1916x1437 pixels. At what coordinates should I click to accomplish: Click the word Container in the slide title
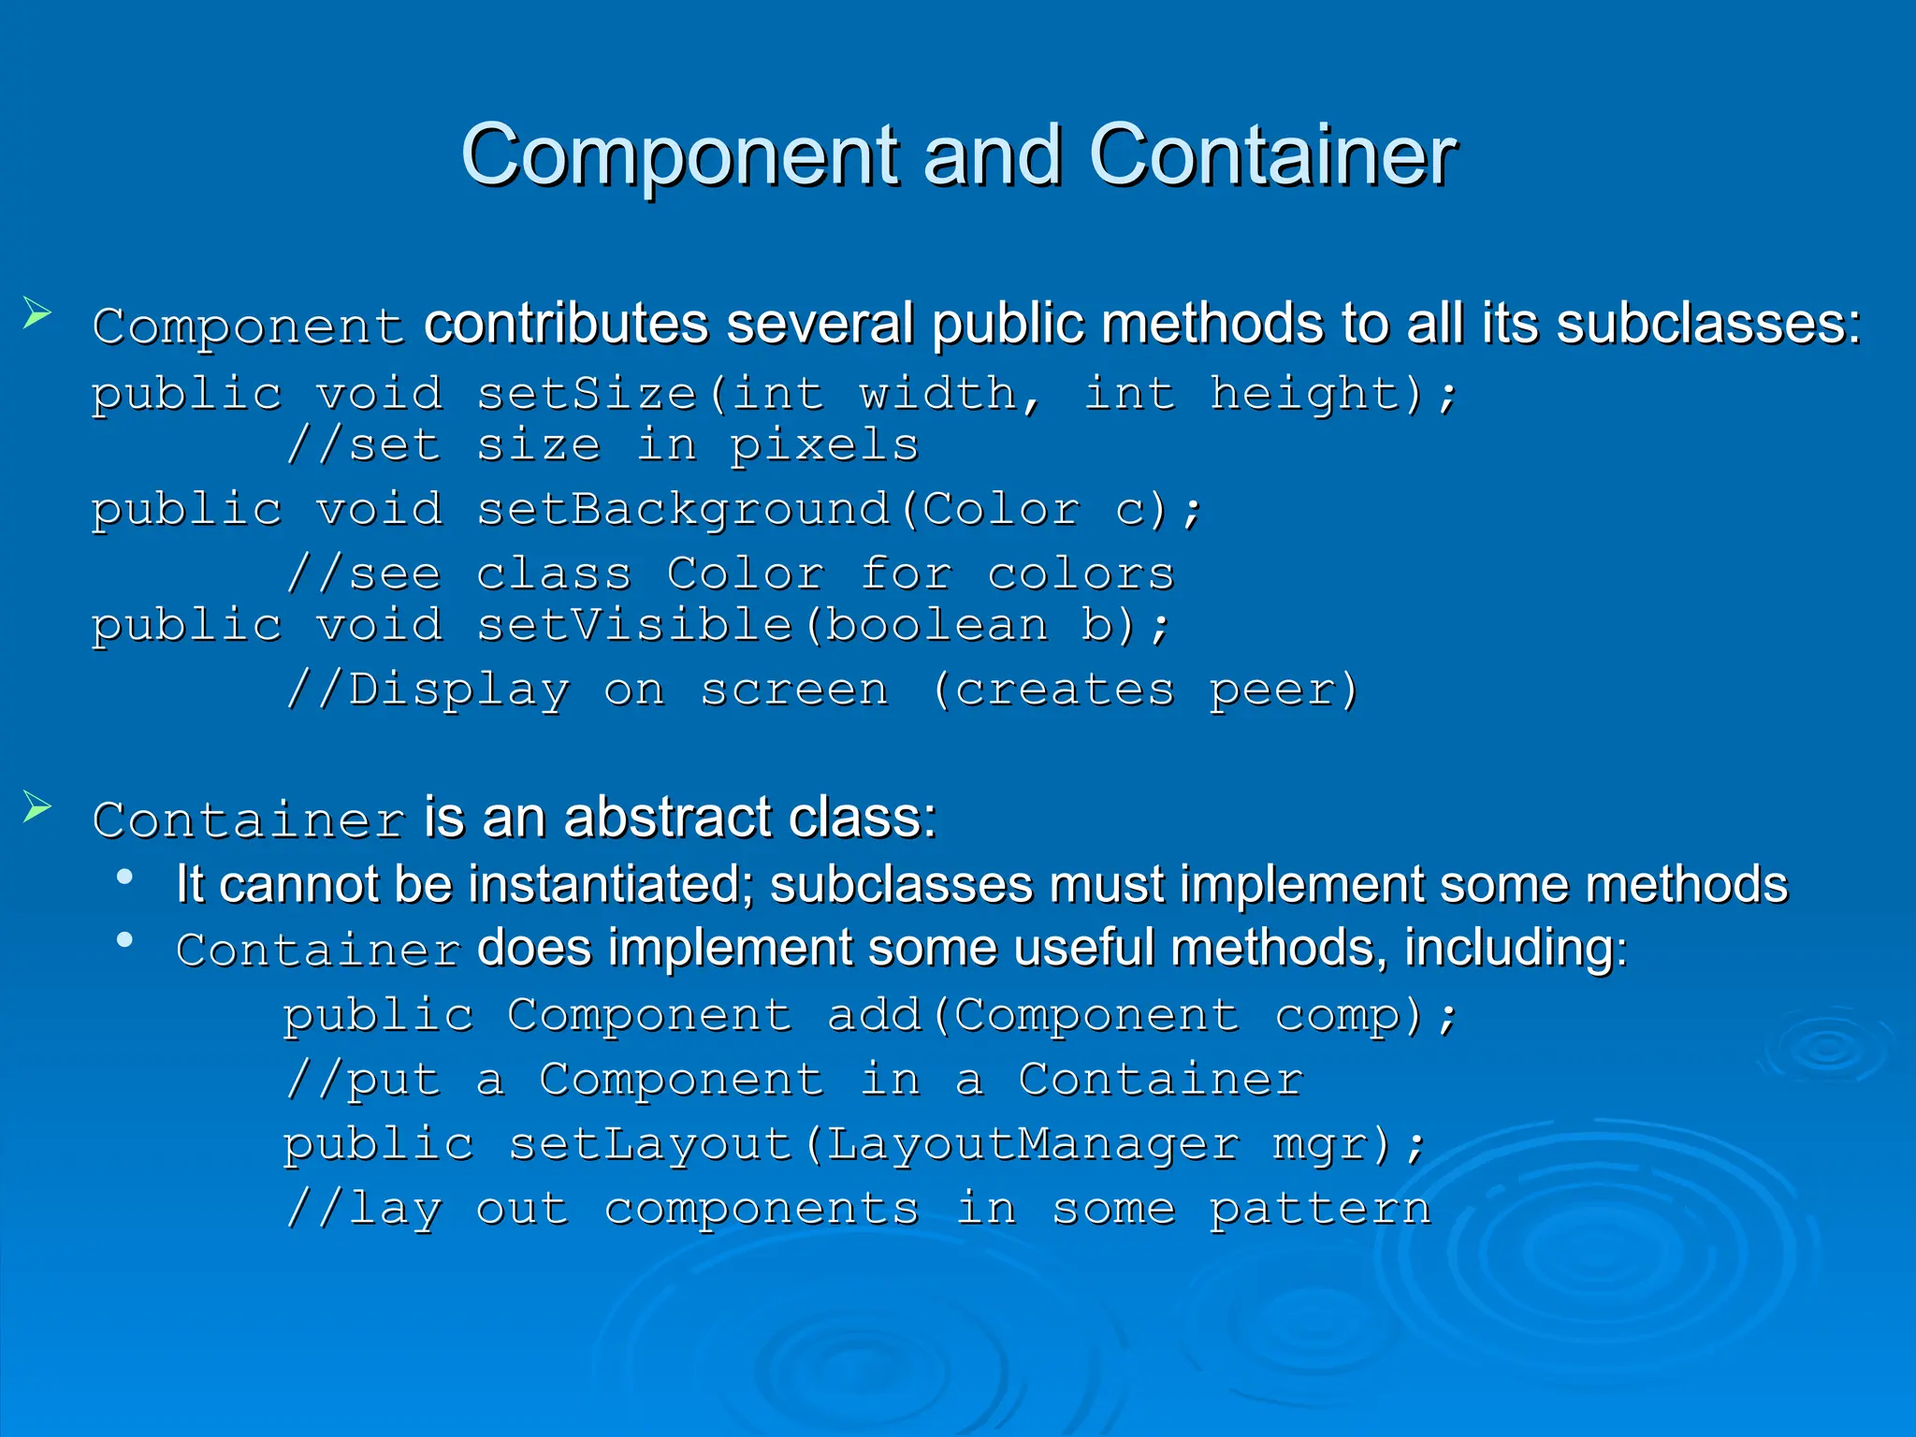click(1271, 155)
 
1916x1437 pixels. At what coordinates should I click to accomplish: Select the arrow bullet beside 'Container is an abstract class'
click(36, 806)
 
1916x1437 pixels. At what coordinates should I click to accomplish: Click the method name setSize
click(587, 394)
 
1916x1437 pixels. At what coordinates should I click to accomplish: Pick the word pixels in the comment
click(823, 445)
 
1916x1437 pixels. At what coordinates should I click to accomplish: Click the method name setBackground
click(683, 511)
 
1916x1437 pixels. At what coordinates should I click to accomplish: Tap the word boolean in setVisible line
click(936, 625)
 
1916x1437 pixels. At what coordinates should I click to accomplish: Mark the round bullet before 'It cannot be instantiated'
click(124, 878)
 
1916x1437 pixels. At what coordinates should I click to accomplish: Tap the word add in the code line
click(875, 1016)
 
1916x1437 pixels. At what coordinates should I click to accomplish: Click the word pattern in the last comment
click(1319, 1210)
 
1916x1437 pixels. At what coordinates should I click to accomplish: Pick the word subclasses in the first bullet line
click(1698, 325)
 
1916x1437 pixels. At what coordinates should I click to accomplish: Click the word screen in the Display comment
click(794, 691)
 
